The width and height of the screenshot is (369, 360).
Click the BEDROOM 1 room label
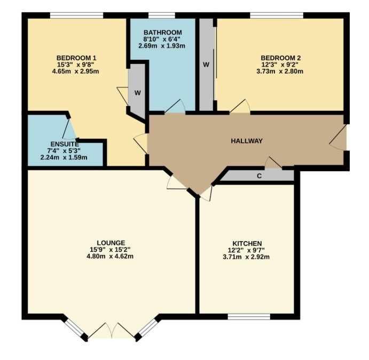[76, 58]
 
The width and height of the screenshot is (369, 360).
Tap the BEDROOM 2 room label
[280, 58]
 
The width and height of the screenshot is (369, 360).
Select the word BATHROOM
[163, 32]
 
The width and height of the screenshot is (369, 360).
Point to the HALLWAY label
[247, 141]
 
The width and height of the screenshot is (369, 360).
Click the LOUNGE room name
[111, 243]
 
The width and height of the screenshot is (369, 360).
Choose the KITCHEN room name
[247, 243]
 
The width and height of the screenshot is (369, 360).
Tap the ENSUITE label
[65, 144]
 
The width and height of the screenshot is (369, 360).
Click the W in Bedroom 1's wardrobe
[138, 93]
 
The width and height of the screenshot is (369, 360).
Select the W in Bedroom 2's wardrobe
[206, 65]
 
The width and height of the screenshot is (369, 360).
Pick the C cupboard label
[259, 176]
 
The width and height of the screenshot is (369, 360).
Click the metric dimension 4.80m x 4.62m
[110, 256]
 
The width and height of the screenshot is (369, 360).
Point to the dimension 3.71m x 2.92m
[246, 257]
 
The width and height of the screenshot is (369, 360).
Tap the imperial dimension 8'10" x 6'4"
[163, 39]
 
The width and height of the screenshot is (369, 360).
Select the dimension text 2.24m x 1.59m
[64, 157]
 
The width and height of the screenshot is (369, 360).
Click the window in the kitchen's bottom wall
[249, 317]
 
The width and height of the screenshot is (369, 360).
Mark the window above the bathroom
[162, 15]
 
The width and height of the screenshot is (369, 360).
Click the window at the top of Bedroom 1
[77, 15]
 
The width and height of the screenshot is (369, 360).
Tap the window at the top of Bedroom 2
[277, 15]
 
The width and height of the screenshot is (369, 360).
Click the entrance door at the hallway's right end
[338, 137]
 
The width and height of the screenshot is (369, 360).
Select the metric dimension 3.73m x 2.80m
[280, 71]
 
